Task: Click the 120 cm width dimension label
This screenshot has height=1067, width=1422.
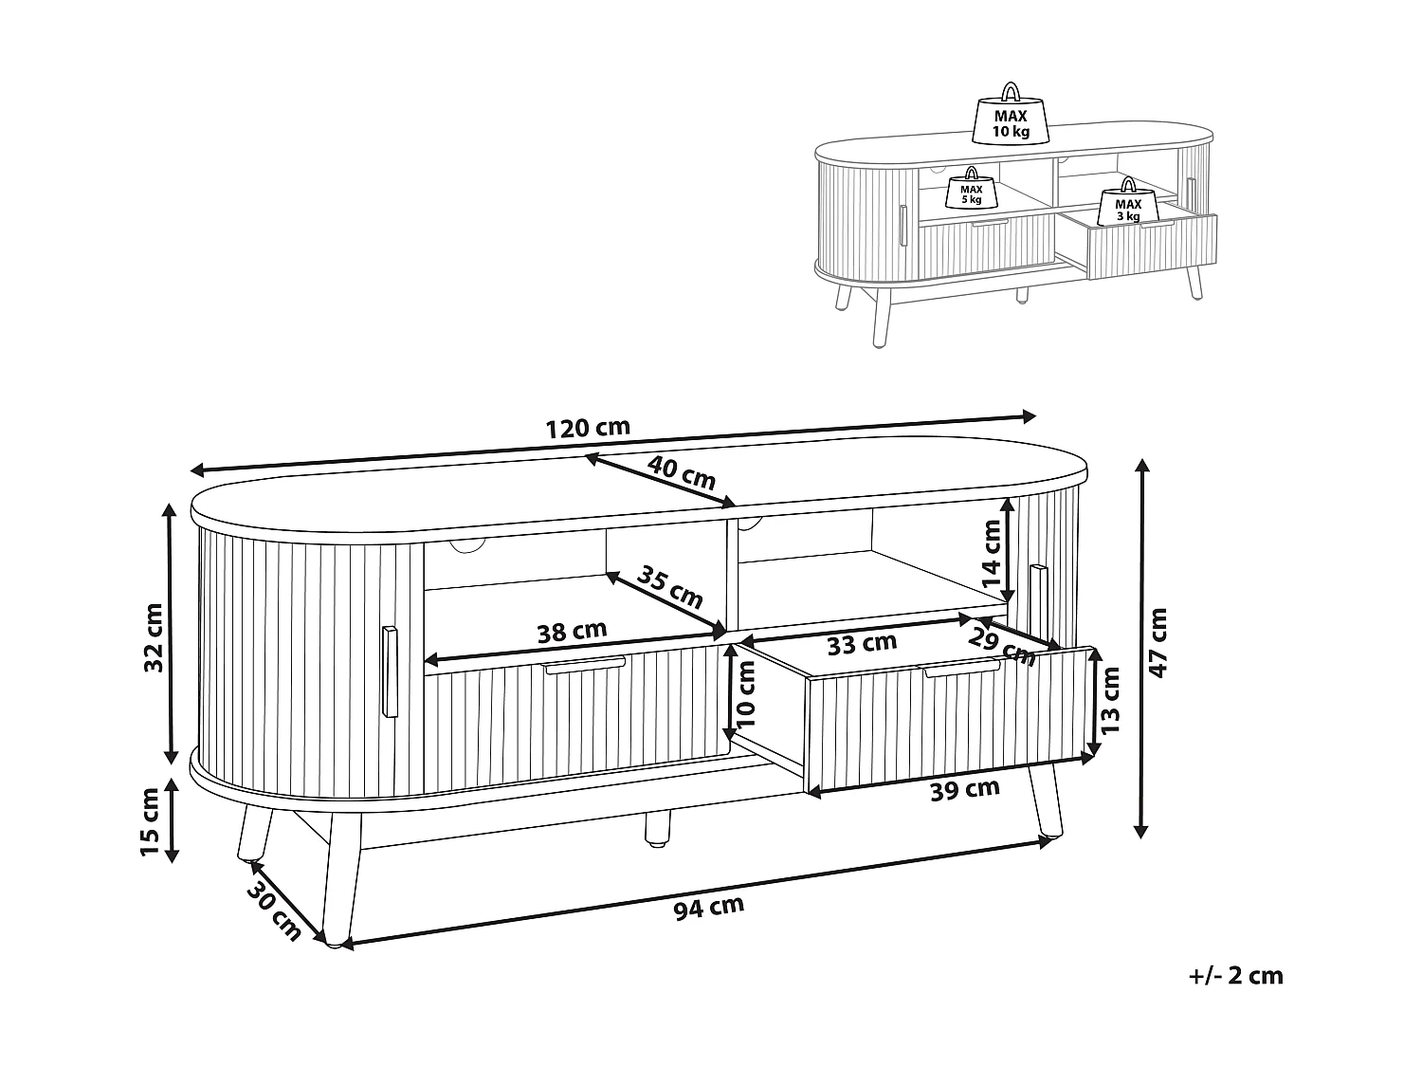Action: (x=588, y=429)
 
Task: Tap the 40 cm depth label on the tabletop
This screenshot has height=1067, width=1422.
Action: (x=682, y=473)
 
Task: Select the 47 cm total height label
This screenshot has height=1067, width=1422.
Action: (x=1158, y=643)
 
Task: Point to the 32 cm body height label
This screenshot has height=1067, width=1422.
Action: (x=155, y=637)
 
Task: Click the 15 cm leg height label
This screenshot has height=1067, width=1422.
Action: (x=150, y=822)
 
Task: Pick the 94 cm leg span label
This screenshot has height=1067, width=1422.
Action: (x=709, y=908)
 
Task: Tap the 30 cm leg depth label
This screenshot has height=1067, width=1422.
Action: (x=274, y=911)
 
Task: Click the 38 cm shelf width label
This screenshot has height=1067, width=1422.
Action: (x=572, y=631)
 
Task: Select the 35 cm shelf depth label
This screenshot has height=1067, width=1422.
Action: (x=669, y=587)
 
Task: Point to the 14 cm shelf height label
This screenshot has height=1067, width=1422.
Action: (x=992, y=553)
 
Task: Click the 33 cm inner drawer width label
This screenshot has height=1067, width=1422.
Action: (x=863, y=643)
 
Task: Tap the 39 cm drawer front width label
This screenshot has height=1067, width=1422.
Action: (x=965, y=790)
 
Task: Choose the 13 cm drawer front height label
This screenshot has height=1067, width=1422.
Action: (x=1110, y=700)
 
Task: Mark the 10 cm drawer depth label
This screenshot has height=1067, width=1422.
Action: (x=746, y=693)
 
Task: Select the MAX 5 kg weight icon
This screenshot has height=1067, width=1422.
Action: (x=971, y=188)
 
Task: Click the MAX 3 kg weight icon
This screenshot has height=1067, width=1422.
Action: (x=1128, y=201)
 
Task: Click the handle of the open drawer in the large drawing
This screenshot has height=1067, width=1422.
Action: (x=962, y=670)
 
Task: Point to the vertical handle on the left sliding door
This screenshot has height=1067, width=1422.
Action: (x=390, y=671)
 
